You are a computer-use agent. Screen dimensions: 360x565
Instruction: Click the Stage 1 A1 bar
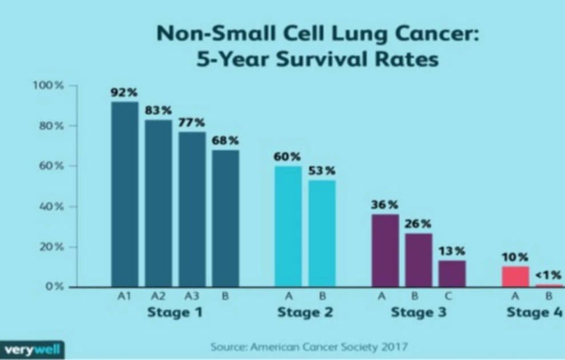[x=125, y=194]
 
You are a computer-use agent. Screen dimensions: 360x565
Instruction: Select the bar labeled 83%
[x=158, y=203]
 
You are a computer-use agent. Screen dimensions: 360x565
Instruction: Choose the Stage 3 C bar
[x=452, y=274]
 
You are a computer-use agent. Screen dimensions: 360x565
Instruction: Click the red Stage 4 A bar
[x=515, y=277]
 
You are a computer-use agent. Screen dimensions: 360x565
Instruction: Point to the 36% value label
[x=385, y=205]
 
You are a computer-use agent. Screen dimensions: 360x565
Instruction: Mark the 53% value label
[x=322, y=171]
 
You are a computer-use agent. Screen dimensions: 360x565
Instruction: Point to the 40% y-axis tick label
[x=51, y=207]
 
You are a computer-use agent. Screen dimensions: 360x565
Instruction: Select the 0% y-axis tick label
[x=54, y=287]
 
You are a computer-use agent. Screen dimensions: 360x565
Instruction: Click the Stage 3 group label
[x=419, y=313]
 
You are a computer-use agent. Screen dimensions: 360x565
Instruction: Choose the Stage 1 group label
[x=175, y=313]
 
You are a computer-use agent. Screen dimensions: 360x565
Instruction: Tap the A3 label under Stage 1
[x=192, y=297]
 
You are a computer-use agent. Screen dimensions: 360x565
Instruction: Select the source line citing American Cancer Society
[x=309, y=346]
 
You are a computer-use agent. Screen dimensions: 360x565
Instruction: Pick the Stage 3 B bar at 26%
[x=419, y=260]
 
